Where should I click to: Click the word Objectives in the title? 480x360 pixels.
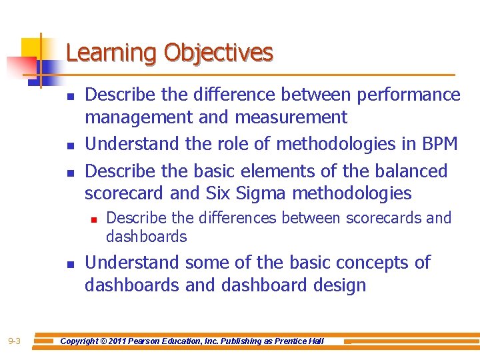coord(219,53)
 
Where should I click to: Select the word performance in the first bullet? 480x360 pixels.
coord(409,95)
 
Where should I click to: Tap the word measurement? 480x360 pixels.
coord(291,117)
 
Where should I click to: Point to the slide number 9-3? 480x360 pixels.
coord(14,341)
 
